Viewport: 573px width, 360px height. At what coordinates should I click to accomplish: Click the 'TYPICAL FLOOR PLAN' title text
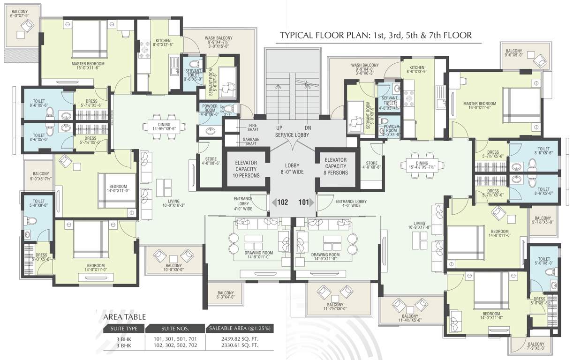tap(375, 35)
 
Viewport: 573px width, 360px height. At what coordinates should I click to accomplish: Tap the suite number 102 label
tap(282, 203)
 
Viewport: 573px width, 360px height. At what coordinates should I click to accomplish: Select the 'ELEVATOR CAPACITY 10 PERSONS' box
tap(247, 169)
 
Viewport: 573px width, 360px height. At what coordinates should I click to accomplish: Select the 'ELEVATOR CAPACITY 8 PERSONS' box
tap(335, 166)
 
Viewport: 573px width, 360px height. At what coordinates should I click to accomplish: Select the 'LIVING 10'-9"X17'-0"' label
tap(419, 226)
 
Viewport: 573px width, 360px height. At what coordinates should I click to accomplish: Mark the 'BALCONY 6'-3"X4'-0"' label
tap(225, 294)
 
